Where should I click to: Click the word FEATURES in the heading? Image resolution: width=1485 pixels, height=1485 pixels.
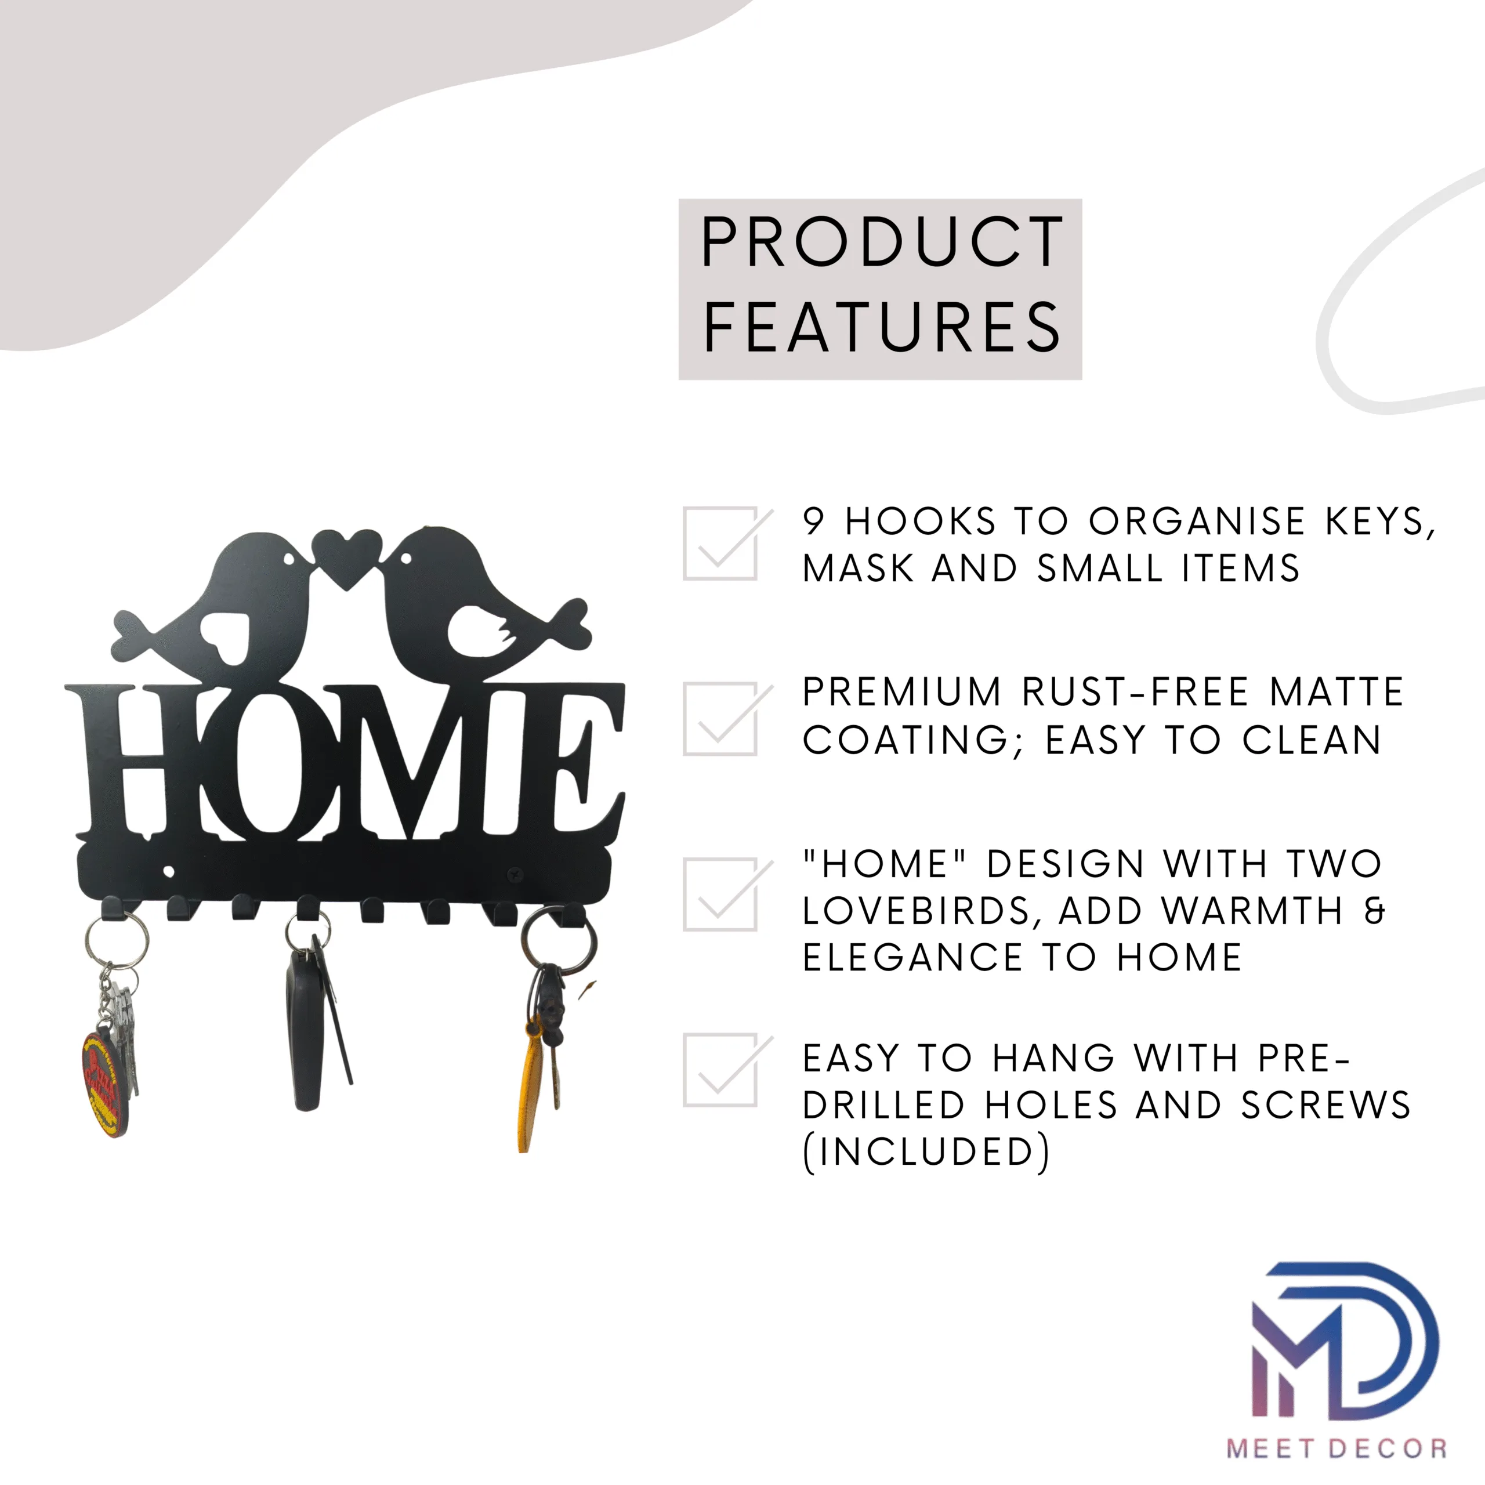[882, 327]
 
